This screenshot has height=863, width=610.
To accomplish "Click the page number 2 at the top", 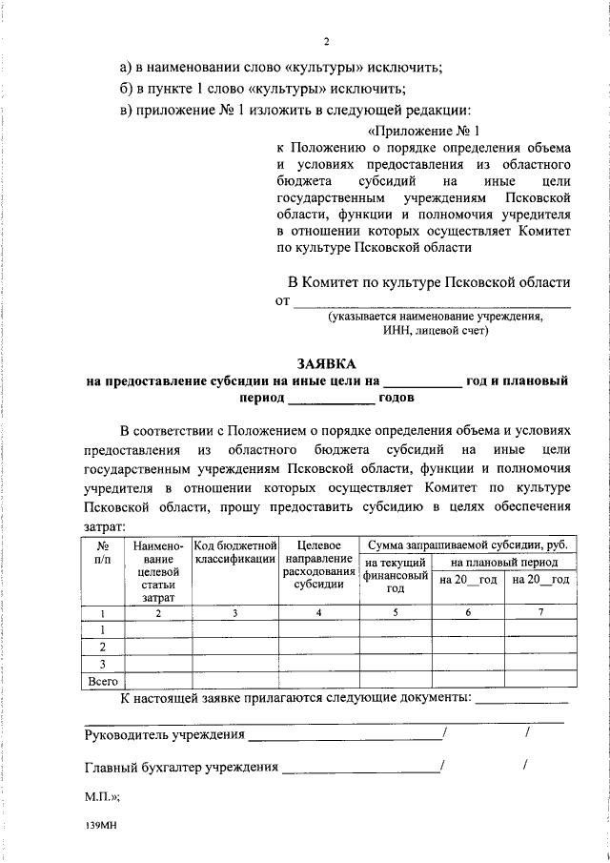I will (x=326, y=42).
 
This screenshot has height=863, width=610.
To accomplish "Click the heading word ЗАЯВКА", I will (x=326, y=363).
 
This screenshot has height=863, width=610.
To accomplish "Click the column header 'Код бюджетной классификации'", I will (x=234, y=551).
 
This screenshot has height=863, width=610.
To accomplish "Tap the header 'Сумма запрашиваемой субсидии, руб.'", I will (x=467, y=544).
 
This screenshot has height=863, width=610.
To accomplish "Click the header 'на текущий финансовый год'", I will (x=395, y=576).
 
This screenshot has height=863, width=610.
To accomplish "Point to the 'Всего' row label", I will (x=102, y=681).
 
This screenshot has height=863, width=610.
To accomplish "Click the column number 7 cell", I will (x=539, y=612).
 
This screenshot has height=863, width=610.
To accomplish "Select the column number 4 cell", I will (x=318, y=612).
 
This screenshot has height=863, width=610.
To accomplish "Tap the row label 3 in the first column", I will (x=102, y=664).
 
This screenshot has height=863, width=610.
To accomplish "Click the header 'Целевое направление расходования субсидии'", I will (x=318, y=565).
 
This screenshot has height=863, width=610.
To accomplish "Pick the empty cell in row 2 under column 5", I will (x=395, y=647).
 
